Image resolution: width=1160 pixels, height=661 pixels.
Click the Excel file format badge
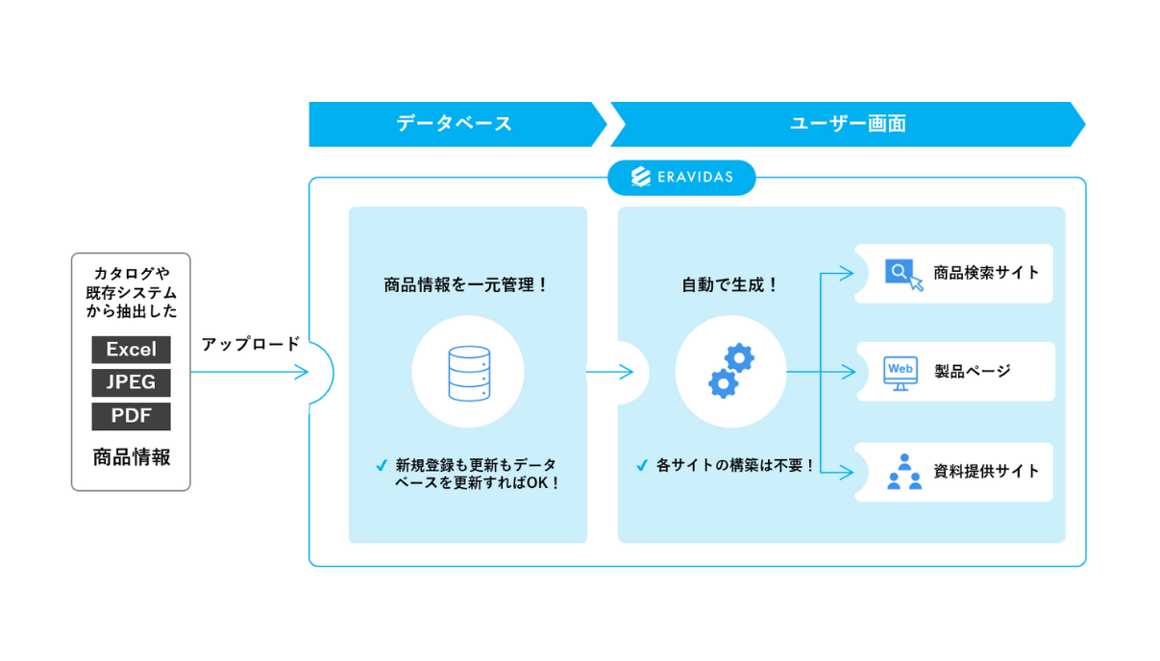pos(131,350)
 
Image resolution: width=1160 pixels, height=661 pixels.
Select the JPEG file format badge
pos(131,382)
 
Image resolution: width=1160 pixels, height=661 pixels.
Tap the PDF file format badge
pos(131,416)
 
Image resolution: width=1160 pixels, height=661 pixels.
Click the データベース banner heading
pos(455,124)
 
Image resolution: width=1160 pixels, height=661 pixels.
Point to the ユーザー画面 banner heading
pos(848,124)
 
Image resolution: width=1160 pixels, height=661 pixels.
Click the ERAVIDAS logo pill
pos(681,178)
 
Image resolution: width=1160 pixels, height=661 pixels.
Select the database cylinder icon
pos(469,373)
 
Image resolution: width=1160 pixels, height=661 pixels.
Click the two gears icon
pos(731,371)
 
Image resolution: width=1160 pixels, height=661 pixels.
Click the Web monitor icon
pos(901,373)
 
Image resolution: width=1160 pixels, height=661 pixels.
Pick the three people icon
pos(904,472)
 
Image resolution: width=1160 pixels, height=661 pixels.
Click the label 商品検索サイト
pos(986,273)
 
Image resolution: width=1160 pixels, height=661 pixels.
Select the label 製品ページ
pos(973,371)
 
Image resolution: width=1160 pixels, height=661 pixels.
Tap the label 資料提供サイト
pos(986,472)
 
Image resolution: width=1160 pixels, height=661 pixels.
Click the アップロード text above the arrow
pos(251,344)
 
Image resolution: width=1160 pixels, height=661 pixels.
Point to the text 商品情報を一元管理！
pos(465,284)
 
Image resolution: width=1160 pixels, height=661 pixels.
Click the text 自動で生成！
pos(730,284)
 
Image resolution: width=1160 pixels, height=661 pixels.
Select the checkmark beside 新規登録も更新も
pos(382,465)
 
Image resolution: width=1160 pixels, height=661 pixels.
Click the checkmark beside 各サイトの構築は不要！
pos(642,465)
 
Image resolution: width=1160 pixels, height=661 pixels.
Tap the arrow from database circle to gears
pos(609,372)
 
